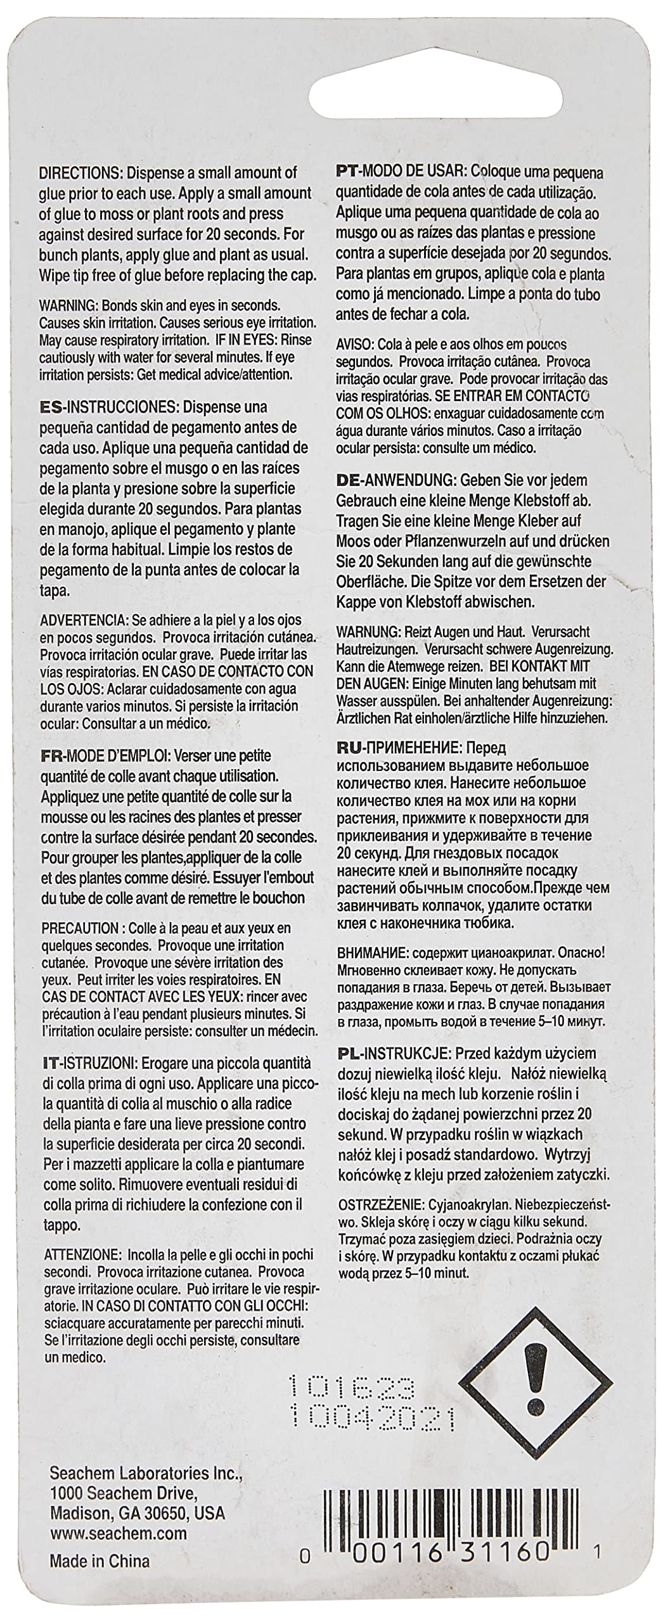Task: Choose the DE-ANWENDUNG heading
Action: pyautogui.click(x=395, y=480)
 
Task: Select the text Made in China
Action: pyautogui.click(x=100, y=1573)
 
